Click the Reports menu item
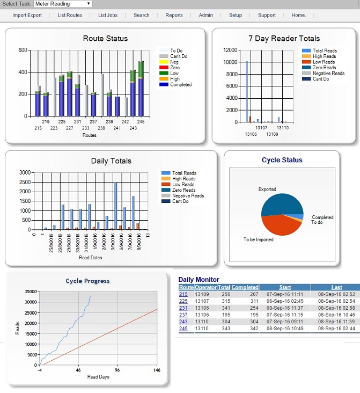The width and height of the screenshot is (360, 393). pyautogui.click(x=174, y=15)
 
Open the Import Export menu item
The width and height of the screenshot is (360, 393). pyautogui.click(x=27, y=15)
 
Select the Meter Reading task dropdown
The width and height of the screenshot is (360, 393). pyautogui.click(x=63, y=4)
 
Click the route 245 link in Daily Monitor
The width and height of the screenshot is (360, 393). pyautogui.click(x=183, y=329)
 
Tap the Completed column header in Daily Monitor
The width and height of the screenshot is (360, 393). pyautogui.click(x=245, y=287)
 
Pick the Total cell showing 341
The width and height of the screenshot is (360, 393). pyautogui.click(x=226, y=308)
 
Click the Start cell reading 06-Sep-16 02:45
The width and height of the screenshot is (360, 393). pyautogui.click(x=285, y=301)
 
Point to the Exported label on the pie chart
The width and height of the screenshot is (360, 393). pyautogui.click(x=267, y=189)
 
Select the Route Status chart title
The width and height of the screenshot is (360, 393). pyautogui.click(x=105, y=38)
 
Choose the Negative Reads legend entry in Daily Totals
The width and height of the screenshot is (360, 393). pyautogui.click(x=182, y=196)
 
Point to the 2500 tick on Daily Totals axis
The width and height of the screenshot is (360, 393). pyautogui.click(x=25, y=182)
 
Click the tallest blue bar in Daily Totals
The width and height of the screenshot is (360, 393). pyautogui.click(x=115, y=206)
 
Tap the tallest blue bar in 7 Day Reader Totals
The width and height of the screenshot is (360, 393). pyautogui.click(x=247, y=92)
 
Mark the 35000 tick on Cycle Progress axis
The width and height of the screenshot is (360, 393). pyautogui.click(x=31, y=292)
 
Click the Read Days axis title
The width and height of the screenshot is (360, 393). pyautogui.click(x=98, y=377)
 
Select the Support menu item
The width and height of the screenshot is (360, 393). pyautogui.click(x=267, y=15)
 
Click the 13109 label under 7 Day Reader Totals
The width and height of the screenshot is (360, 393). pyautogui.click(x=272, y=134)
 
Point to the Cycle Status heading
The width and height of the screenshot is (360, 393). pyautogui.click(x=282, y=160)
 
